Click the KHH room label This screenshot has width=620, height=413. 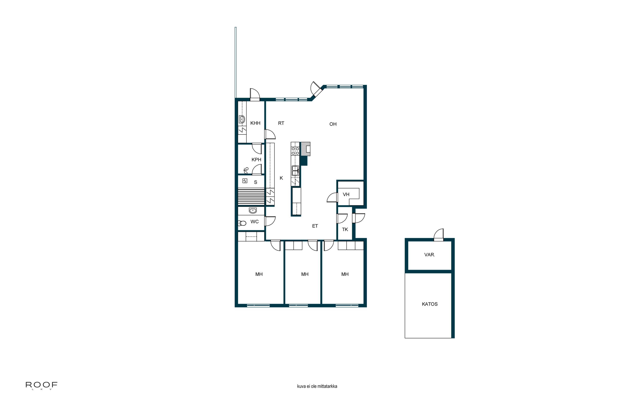pyautogui.click(x=255, y=123)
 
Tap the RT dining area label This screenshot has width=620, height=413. pyautogui.click(x=281, y=123)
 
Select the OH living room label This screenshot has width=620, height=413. pyautogui.click(x=333, y=124)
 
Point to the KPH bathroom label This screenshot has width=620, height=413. pyautogui.click(x=256, y=160)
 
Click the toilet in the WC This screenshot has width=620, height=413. pyautogui.click(x=242, y=223)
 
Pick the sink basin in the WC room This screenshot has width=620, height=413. pyautogui.click(x=253, y=210)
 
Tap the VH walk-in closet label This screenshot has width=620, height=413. pyautogui.click(x=346, y=194)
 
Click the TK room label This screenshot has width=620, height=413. pyautogui.click(x=345, y=229)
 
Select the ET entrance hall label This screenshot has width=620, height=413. pyautogui.click(x=315, y=226)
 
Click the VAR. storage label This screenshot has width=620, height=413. pyautogui.click(x=430, y=255)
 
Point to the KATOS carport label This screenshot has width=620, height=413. pyautogui.click(x=430, y=304)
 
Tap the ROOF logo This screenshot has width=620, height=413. pyautogui.click(x=41, y=386)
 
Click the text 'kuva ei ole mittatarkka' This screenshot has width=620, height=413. pyautogui.click(x=317, y=386)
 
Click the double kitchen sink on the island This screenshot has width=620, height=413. pyautogui.click(x=295, y=171)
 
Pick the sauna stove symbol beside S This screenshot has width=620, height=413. pyautogui.click(x=245, y=181)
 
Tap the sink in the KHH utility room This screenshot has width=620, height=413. pyautogui.click(x=242, y=119)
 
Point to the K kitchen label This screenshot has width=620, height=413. pyautogui.click(x=281, y=178)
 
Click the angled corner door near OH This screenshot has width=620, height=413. pyautogui.click(x=316, y=90)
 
